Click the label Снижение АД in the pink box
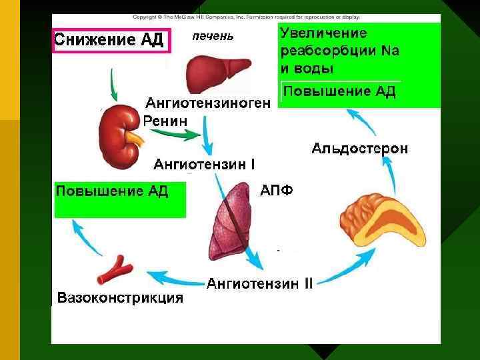coord(108,39)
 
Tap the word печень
coord(213,36)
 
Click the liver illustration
coord(213,73)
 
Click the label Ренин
coord(165,121)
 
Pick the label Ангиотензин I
coord(204,163)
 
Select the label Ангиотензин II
coord(259,284)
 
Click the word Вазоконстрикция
coord(121,297)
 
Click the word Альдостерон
coord(359,149)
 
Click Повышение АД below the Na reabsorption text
coord(340,91)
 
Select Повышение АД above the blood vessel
coord(112,192)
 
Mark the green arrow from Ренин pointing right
coord(177,135)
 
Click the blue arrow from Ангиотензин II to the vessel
coord(174,277)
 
